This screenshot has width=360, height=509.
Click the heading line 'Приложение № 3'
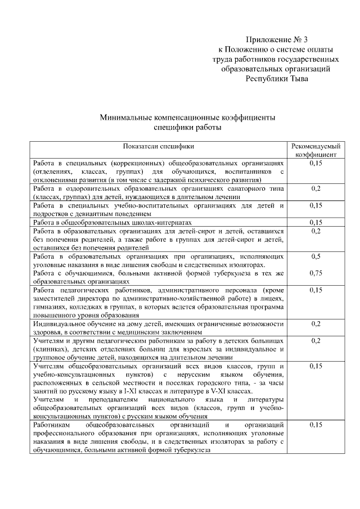(x=277, y=39)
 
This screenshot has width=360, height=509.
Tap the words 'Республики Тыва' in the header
(x=277, y=78)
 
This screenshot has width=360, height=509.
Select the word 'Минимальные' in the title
(x=129, y=118)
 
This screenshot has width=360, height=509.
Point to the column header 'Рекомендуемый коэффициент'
(x=316, y=149)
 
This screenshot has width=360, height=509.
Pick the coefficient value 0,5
(x=316, y=256)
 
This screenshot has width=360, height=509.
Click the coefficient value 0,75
(x=316, y=274)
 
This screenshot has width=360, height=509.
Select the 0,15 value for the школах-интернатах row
(x=316, y=222)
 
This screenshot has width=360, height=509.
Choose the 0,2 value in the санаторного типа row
(x=316, y=188)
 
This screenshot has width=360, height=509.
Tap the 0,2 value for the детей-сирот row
(x=316, y=231)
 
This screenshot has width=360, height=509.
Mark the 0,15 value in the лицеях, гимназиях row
(x=316, y=290)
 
